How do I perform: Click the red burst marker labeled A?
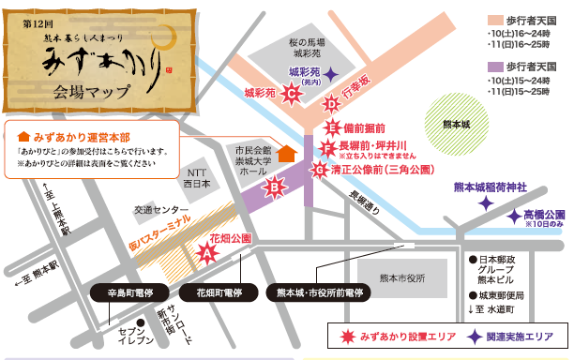tap(208, 250)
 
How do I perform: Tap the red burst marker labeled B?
tap(275, 189)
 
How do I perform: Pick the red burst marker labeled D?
tap(330, 104)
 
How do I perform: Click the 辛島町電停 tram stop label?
tap(128, 292)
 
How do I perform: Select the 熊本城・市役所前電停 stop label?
tap(320, 292)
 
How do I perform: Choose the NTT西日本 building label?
tap(197, 177)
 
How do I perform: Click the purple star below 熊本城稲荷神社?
tap(485, 202)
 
